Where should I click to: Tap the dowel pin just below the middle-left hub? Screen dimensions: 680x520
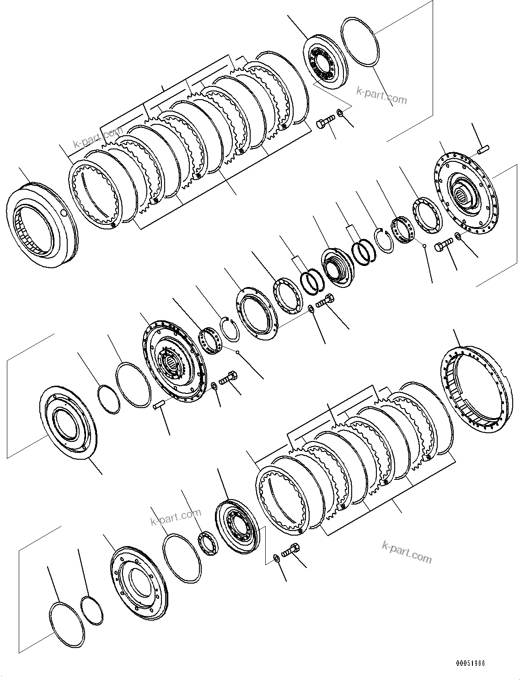tap(158, 404)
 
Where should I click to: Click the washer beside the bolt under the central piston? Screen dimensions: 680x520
tap(311, 308)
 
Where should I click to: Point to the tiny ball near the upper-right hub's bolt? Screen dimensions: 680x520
tap(425, 246)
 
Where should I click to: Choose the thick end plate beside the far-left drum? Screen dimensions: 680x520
tap(96, 187)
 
